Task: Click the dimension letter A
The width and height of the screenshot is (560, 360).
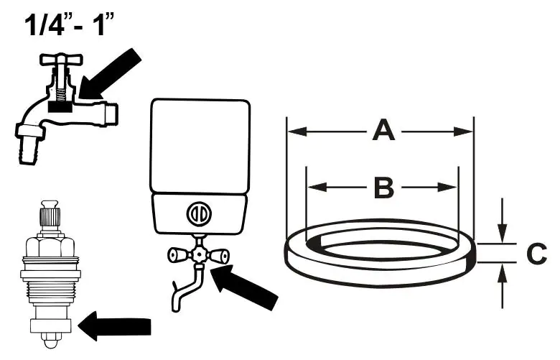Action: point(384,131)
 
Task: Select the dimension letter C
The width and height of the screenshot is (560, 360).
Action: point(536,253)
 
